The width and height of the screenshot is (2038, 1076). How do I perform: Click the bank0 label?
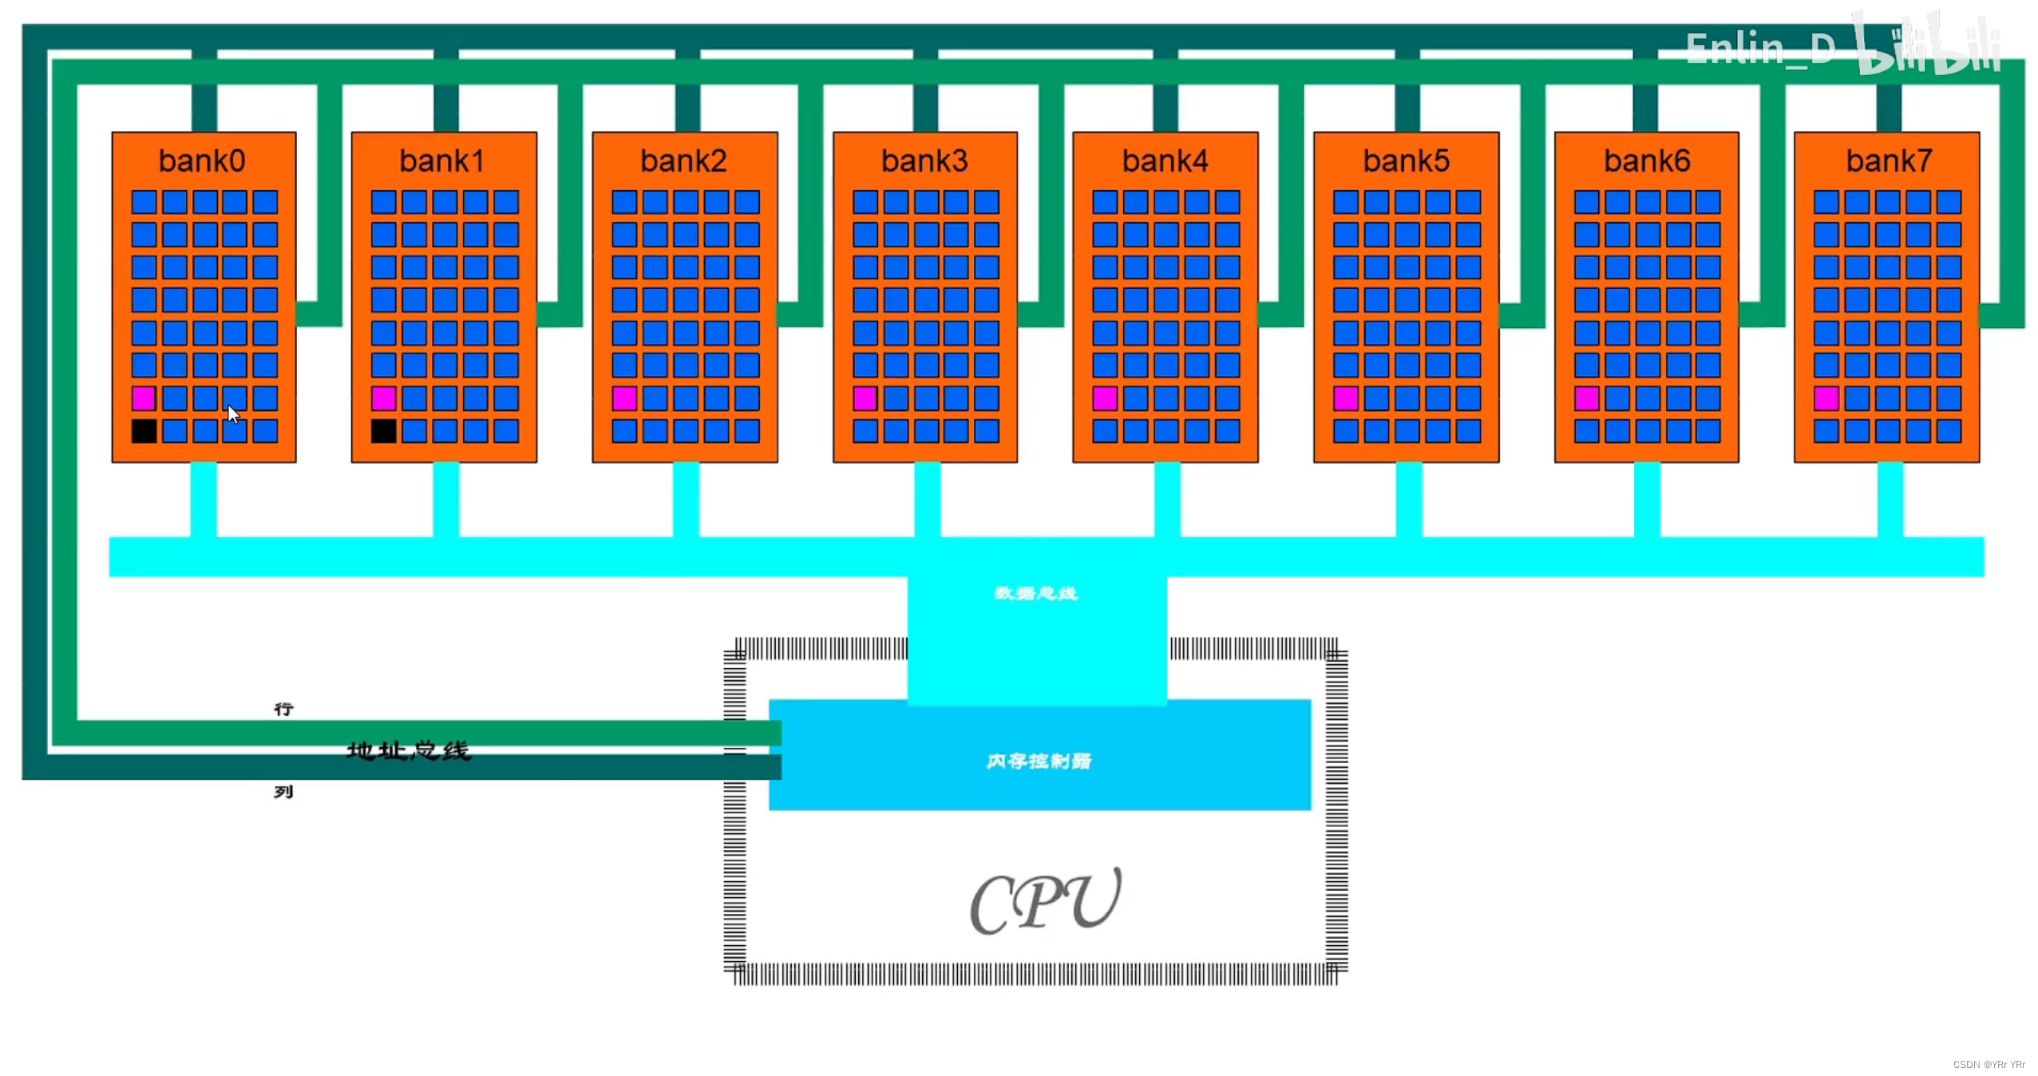[x=202, y=161]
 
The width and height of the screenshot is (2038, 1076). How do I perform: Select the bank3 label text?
[x=924, y=161]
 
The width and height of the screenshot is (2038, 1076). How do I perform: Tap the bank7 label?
[x=1889, y=161]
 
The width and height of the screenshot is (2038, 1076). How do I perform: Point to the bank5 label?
[x=1406, y=161]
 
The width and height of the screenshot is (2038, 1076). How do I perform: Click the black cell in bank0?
[x=144, y=431]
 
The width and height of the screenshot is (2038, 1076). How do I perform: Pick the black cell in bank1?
[x=383, y=431]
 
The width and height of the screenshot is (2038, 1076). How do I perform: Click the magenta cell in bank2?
[x=624, y=398]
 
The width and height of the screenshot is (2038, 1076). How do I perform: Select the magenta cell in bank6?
[x=1586, y=398]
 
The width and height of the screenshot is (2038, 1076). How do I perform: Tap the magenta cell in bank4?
[x=1105, y=398]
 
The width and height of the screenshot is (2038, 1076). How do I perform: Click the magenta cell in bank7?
[x=1826, y=398]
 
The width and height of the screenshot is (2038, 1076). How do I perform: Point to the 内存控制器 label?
[x=1039, y=761]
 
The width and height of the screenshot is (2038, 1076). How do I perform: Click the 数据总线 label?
[x=1036, y=593]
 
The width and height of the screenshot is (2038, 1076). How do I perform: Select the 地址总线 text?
[x=409, y=750]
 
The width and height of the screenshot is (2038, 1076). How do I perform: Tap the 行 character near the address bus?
[x=283, y=709]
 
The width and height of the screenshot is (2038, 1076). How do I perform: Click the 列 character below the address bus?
[x=283, y=792]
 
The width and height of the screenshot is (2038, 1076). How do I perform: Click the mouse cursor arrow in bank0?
[x=233, y=414]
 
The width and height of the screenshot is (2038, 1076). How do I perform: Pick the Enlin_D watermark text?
[x=1760, y=49]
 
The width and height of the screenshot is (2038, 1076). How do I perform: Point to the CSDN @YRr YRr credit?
[x=1989, y=1064]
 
